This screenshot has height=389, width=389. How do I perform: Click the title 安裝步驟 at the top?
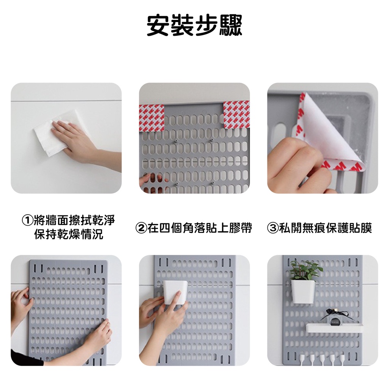click(x=194, y=25)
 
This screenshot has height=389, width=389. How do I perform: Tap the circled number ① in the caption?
click(x=27, y=220)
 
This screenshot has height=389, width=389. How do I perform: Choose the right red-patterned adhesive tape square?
click(x=236, y=115)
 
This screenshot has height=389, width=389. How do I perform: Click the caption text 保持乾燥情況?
click(x=69, y=234)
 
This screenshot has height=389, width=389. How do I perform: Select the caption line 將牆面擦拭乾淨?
click(x=74, y=220)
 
